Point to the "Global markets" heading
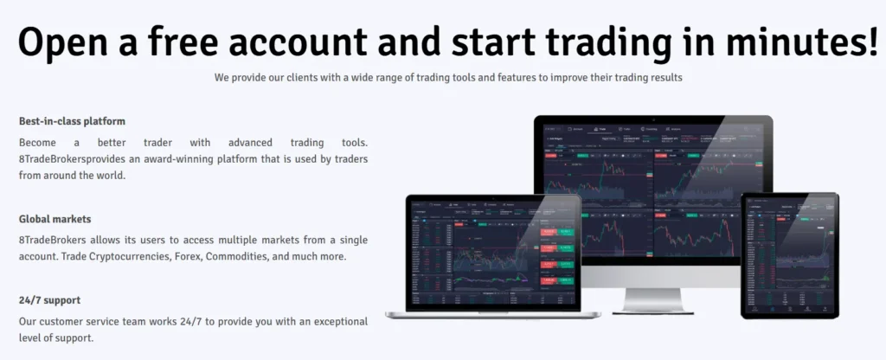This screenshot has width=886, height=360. click(55, 219)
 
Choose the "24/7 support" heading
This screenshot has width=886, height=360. click(49, 300)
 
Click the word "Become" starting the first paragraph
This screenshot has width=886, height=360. click(41, 142)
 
